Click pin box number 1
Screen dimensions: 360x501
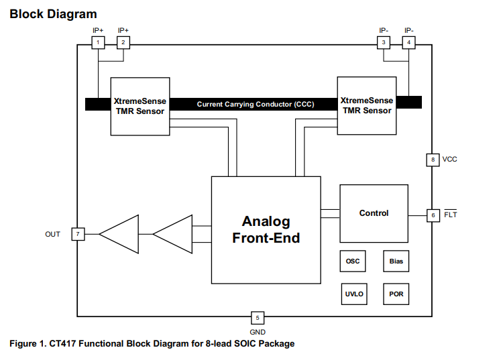(x=98, y=42)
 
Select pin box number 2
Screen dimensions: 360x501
(x=123, y=42)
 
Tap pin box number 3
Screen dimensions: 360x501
(x=383, y=42)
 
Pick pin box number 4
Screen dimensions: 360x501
(x=408, y=42)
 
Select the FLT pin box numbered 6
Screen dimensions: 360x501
(x=433, y=215)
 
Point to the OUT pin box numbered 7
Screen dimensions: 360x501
(x=78, y=234)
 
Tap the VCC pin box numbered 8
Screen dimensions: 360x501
(x=433, y=160)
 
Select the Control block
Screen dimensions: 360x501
(x=374, y=213)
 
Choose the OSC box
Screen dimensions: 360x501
(x=353, y=261)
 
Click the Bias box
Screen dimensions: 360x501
(x=396, y=261)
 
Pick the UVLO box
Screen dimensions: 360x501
(x=353, y=294)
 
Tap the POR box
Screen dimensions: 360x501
(x=396, y=294)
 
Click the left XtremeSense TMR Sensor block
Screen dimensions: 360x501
(x=139, y=106)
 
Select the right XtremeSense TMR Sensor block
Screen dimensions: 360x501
(x=366, y=105)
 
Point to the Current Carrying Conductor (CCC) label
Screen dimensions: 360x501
(x=255, y=105)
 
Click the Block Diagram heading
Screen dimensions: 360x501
(x=53, y=13)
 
